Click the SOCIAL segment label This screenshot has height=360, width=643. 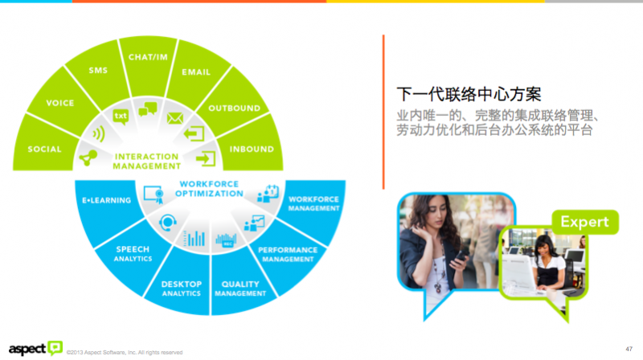pos(44,149)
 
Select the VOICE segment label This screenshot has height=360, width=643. pos(60,103)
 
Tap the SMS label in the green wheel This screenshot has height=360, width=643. pos(97,71)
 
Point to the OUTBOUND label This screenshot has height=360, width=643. pos(234,108)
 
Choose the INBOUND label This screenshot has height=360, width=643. pos(252,149)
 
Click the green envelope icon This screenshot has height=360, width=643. pos(175,118)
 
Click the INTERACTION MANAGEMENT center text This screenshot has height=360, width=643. pos(146,161)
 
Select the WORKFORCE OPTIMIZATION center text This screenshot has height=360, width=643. pos(209,189)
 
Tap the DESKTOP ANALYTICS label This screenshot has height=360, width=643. pos(181,288)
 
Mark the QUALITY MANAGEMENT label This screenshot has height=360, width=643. pos(240,288)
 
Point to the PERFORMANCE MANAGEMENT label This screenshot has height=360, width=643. pos(287,255)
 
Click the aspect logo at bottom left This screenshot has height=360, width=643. pos(32,347)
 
